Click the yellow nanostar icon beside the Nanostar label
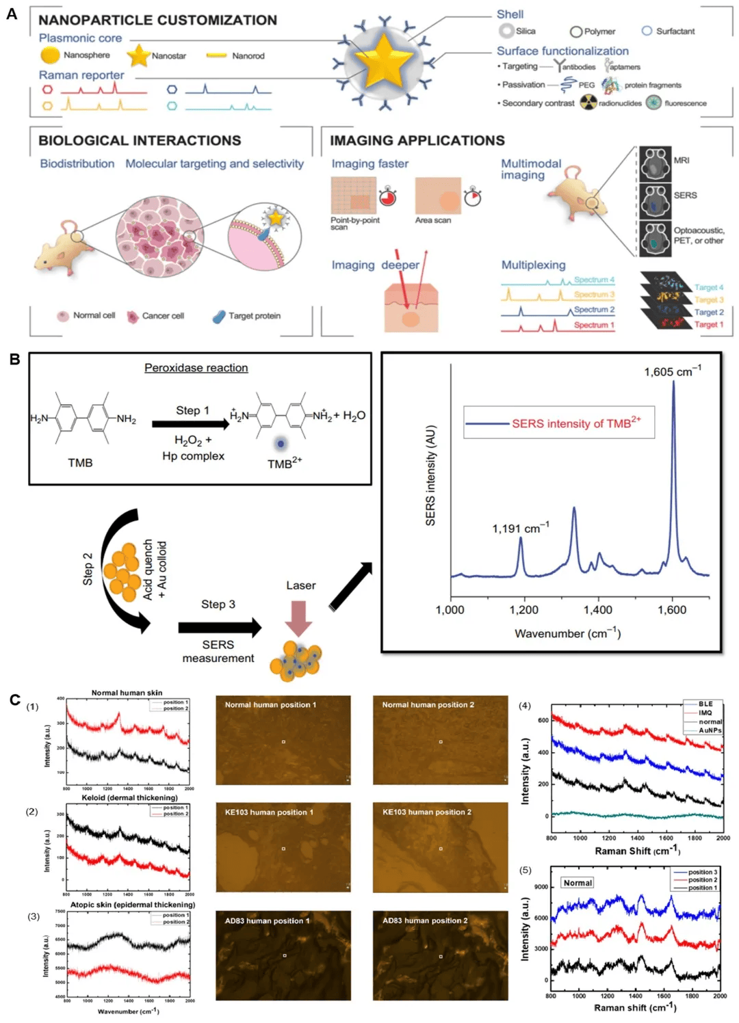(x=139, y=55)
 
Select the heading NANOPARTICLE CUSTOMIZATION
(x=157, y=21)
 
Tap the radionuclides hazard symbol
(x=588, y=103)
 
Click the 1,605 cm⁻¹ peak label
(x=672, y=372)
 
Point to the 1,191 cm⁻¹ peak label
(x=520, y=528)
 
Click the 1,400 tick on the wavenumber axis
(x=598, y=610)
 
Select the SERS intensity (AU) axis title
(x=430, y=475)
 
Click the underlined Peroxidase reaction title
(x=196, y=368)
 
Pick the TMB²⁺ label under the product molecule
(x=284, y=463)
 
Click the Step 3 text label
(x=218, y=604)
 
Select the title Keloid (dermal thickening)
(x=129, y=797)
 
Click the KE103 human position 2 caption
(x=426, y=812)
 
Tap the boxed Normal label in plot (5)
(x=578, y=883)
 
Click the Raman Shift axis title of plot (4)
(x=637, y=851)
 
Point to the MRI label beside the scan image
(x=682, y=160)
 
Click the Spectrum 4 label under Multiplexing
(x=594, y=280)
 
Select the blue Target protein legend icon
(x=219, y=316)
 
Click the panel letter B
(x=14, y=359)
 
